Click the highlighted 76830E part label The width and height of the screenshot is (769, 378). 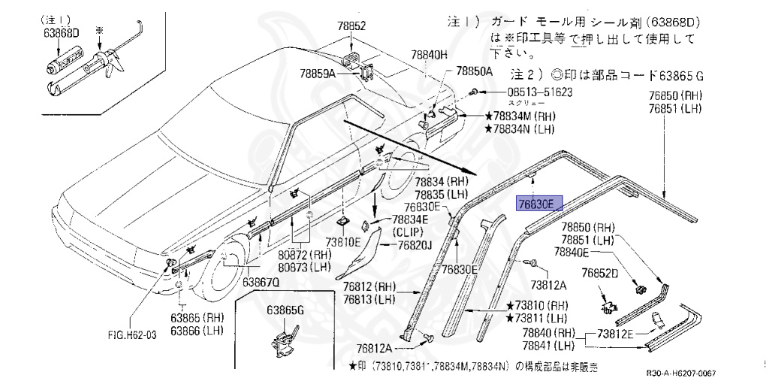(x=535, y=204)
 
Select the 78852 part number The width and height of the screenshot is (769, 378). (x=351, y=26)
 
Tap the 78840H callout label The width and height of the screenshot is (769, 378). (x=428, y=55)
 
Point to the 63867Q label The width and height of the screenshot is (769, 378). (x=260, y=282)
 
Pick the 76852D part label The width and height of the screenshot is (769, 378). (x=599, y=273)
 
